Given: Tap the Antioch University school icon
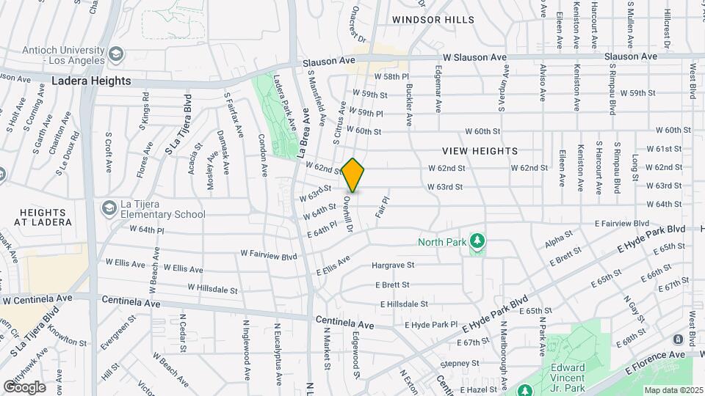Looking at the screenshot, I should click(116, 54).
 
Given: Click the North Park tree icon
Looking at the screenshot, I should click(478, 241).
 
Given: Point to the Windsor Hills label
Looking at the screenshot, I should click(433, 20).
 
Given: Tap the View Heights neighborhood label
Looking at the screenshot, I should click(480, 151).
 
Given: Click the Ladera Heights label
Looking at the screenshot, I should click(91, 81).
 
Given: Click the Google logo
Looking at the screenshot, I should click(24, 386).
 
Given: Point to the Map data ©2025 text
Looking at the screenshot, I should click(672, 390).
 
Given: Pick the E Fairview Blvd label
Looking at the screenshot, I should click(621, 223).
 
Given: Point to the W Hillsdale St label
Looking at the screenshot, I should click(212, 288).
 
